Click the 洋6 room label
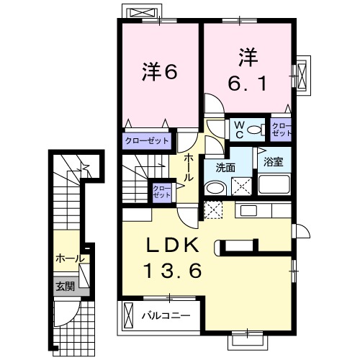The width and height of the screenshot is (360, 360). pyautogui.click(x=159, y=71)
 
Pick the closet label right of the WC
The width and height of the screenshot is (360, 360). pyautogui.click(x=282, y=129)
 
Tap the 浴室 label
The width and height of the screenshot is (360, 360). pyautogui.click(x=272, y=161)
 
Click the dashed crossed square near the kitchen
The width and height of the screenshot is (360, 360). pyautogui.click(x=214, y=210)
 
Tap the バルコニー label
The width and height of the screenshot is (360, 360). pyautogui.click(x=165, y=315)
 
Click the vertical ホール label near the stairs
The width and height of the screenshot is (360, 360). pyautogui.click(x=188, y=167)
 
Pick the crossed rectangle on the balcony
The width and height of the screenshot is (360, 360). pyautogui.click(x=129, y=315)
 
